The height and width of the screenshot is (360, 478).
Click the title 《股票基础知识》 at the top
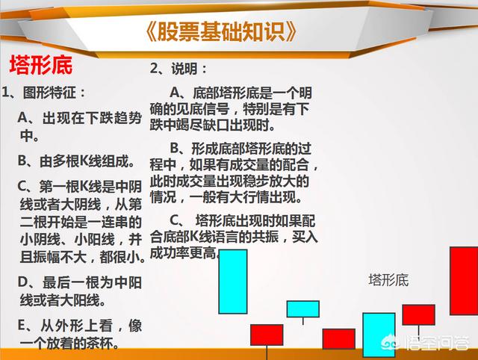[x=220, y=31]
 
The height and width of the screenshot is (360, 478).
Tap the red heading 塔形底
[x=41, y=65]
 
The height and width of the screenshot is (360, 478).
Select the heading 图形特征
[x=49, y=93]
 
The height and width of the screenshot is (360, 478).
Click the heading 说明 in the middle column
[x=184, y=69]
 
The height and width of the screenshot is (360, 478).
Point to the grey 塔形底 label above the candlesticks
[x=388, y=280]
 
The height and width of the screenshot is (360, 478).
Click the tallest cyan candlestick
[x=233, y=282]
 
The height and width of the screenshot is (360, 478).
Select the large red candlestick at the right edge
[x=464, y=281]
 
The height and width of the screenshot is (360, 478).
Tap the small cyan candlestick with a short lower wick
[x=303, y=309]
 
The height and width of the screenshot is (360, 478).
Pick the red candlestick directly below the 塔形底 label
[x=418, y=314]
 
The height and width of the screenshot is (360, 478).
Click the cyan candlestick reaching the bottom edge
[x=379, y=335]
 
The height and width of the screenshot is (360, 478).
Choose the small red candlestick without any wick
[x=338, y=338]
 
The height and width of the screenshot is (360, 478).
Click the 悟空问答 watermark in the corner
[x=425, y=344]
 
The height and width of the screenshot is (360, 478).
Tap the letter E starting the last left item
[x=22, y=325]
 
